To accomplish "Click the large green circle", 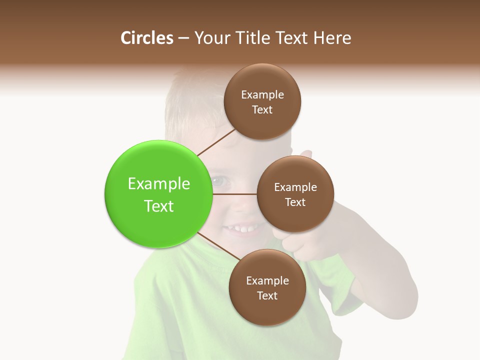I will [158, 194].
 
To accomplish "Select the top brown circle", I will [262, 101].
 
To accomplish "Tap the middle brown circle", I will [295, 194].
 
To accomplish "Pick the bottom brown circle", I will [267, 287].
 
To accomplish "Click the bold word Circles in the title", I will [147, 38].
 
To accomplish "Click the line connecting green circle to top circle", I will [215, 142].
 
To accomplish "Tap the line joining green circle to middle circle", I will [234, 194].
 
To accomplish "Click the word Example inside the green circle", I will [159, 184].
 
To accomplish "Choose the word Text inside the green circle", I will [159, 206].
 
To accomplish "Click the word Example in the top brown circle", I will [262, 94].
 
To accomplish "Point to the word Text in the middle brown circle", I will [295, 202].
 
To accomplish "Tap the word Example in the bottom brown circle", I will [267, 280].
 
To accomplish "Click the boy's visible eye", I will [219, 180].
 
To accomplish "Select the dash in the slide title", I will [183, 38].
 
